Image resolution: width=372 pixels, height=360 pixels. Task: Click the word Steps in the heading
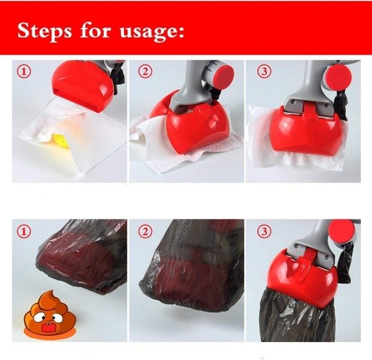(45, 31)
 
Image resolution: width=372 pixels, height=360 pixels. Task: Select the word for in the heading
(95, 30)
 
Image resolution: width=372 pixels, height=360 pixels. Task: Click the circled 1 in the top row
(24, 71)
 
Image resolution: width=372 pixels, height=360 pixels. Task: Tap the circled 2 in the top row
(146, 71)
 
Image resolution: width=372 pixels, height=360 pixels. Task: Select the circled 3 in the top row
(264, 71)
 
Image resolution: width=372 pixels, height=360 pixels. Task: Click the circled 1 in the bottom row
(24, 231)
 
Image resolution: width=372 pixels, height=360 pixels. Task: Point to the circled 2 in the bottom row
(146, 231)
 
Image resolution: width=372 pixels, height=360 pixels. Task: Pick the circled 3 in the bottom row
(264, 231)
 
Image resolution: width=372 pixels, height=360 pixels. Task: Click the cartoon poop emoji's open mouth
(45, 328)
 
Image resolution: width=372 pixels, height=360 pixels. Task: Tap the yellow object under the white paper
(61, 140)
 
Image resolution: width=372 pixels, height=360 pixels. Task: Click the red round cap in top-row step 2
(223, 76)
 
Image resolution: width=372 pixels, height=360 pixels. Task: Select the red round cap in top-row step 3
(339, 76)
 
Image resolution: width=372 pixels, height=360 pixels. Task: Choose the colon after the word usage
(181, 32)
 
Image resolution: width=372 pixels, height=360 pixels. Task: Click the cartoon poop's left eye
(38, 318)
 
